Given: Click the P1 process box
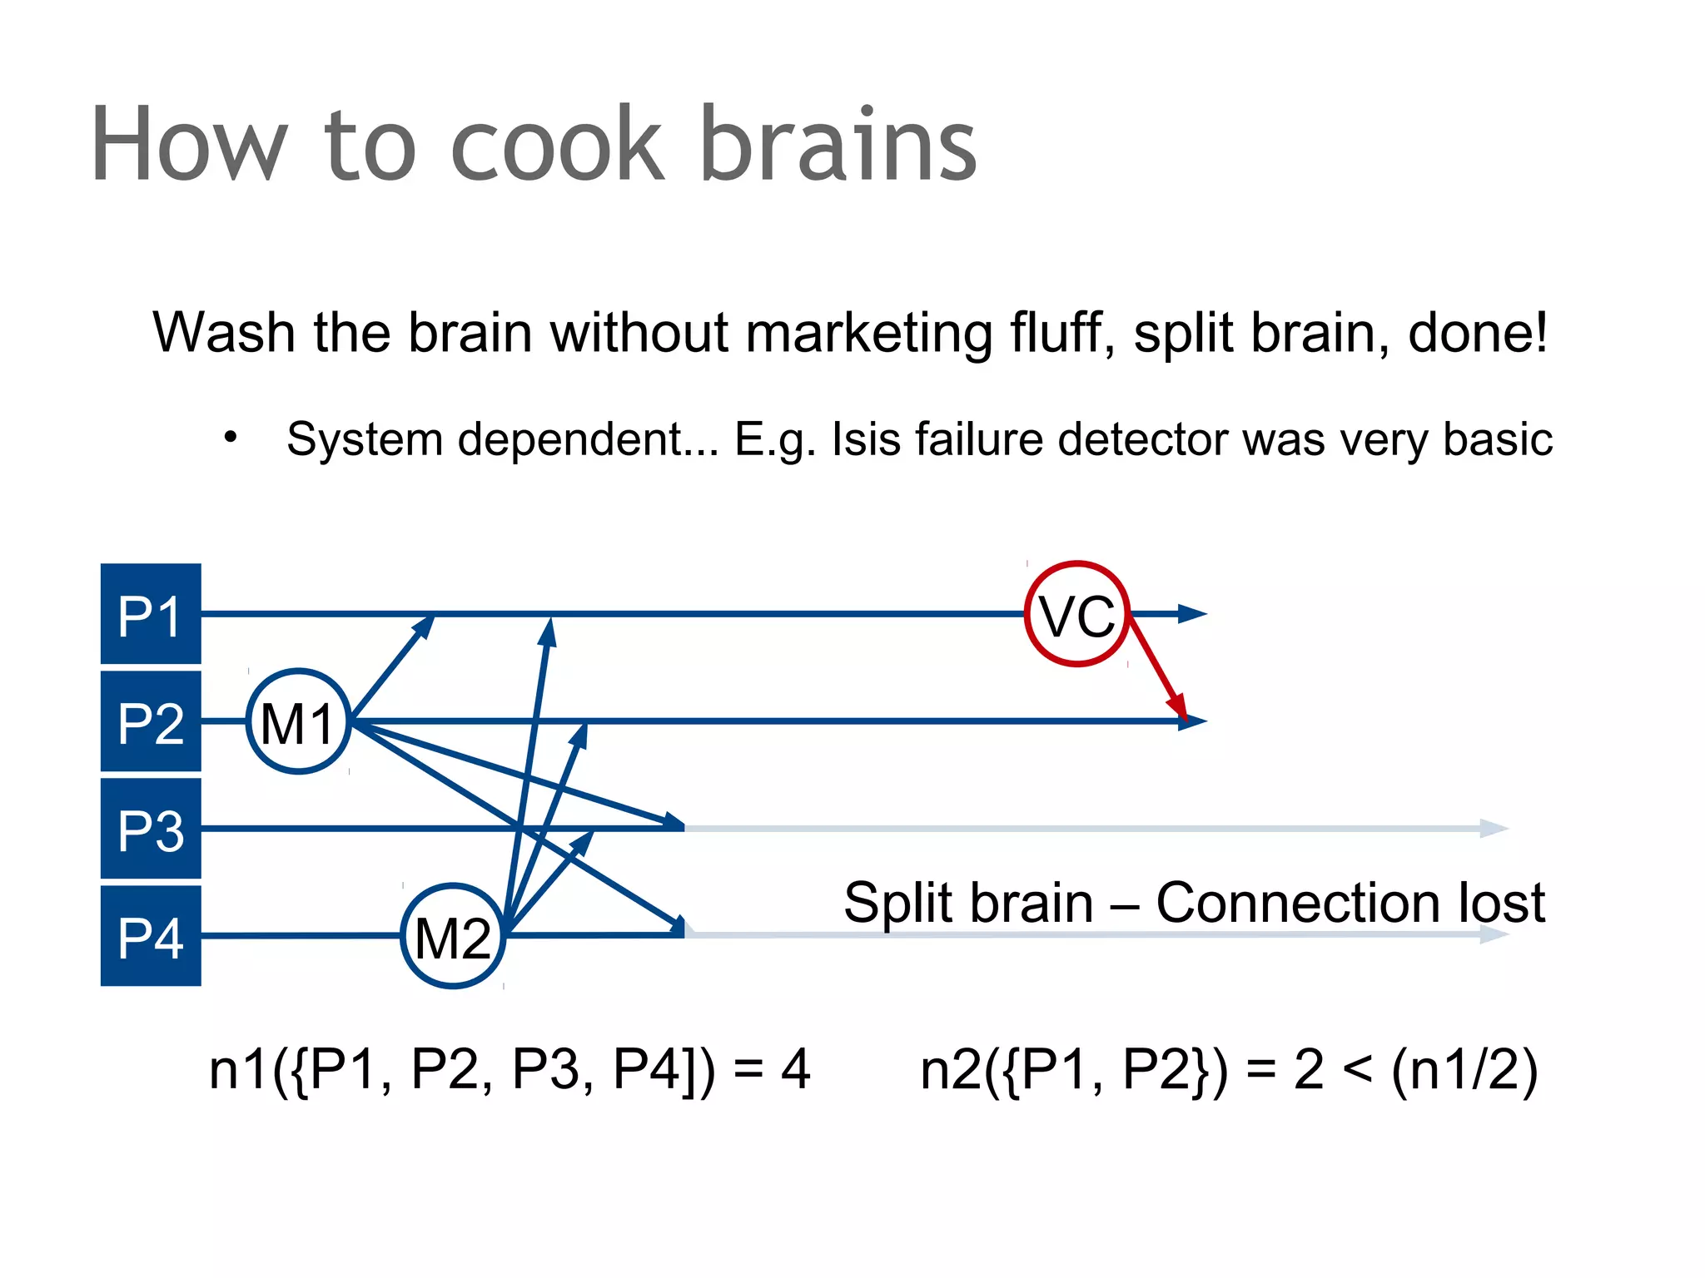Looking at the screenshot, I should click(x=151, y=614).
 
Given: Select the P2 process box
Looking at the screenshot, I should click(x=151, y=721).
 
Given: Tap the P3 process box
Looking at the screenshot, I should click(x=151, y=829).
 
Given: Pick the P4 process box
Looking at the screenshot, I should click(x=151, y=936).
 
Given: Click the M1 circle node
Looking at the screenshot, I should click(x=298, y=721).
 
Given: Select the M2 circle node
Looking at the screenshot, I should click(x=453, y=936).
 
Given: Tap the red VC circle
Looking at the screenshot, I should click(x=1076, y=614).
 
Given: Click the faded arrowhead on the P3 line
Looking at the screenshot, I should click(x=1495, y=829).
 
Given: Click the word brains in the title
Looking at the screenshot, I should click(x=838, y=146).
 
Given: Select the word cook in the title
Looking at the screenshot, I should click(x=557, y=146).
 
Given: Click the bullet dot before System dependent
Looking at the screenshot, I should click(x=231, y=437).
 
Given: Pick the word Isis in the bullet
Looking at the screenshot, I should click(x=866, y=438).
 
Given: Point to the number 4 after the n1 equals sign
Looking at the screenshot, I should click(x=795, y=1069).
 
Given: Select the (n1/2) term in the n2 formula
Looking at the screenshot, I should click(x=1464, y=1069).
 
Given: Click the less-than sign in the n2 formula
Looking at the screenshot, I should click(x=1357, y=1069).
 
